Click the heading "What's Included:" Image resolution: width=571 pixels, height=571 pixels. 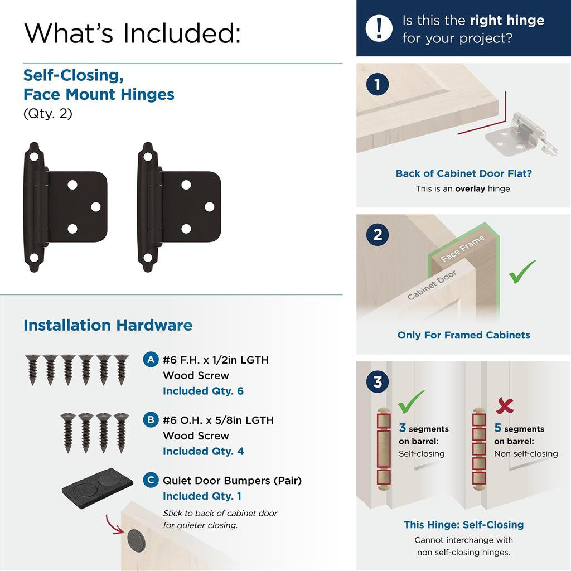point(133,33)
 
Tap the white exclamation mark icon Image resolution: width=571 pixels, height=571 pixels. point(379,28)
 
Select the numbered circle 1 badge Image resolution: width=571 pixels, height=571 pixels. point(378,85)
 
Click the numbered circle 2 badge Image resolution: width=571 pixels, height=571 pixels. point(378,235)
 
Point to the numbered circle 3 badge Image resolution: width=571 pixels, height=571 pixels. point(378,383)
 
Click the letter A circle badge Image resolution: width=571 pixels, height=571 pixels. point(150,360)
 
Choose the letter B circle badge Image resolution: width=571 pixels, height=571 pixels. point(150,420)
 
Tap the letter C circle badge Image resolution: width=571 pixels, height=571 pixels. point(150,480)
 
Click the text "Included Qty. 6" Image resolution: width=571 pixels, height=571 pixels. point(203,391)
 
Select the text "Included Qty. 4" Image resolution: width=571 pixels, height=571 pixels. point(203,451)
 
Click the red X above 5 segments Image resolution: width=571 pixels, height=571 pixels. point(505,405)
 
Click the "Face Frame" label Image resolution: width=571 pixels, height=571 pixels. point(463,249)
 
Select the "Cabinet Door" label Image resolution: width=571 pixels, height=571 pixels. point(432,285)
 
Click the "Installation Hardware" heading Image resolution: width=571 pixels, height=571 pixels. point(108,325)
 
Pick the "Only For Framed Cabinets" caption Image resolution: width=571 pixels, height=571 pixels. point(463,335)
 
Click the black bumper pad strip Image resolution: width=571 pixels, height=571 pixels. point(97,483)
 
